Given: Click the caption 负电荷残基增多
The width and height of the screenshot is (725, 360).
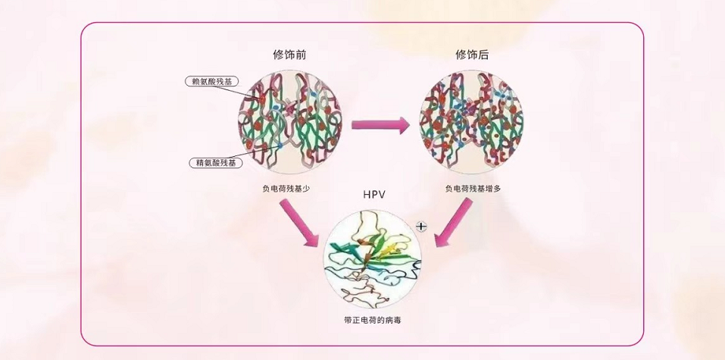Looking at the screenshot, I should pyautogui.click(x=473, y=188).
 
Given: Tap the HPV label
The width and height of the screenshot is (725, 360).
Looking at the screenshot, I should pyautogui.click(x=374, y=195).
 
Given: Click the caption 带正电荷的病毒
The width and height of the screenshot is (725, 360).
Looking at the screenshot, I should pyautogui.click(x=373, y=321).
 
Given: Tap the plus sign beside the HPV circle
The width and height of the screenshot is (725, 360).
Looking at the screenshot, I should pyautogui.click(x=422, y=226).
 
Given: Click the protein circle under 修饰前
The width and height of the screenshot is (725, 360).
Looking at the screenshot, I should pyautogui.click(x=289, y=121).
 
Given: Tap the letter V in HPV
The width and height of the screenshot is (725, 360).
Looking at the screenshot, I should pyautogui.click(x=383, y=195).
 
